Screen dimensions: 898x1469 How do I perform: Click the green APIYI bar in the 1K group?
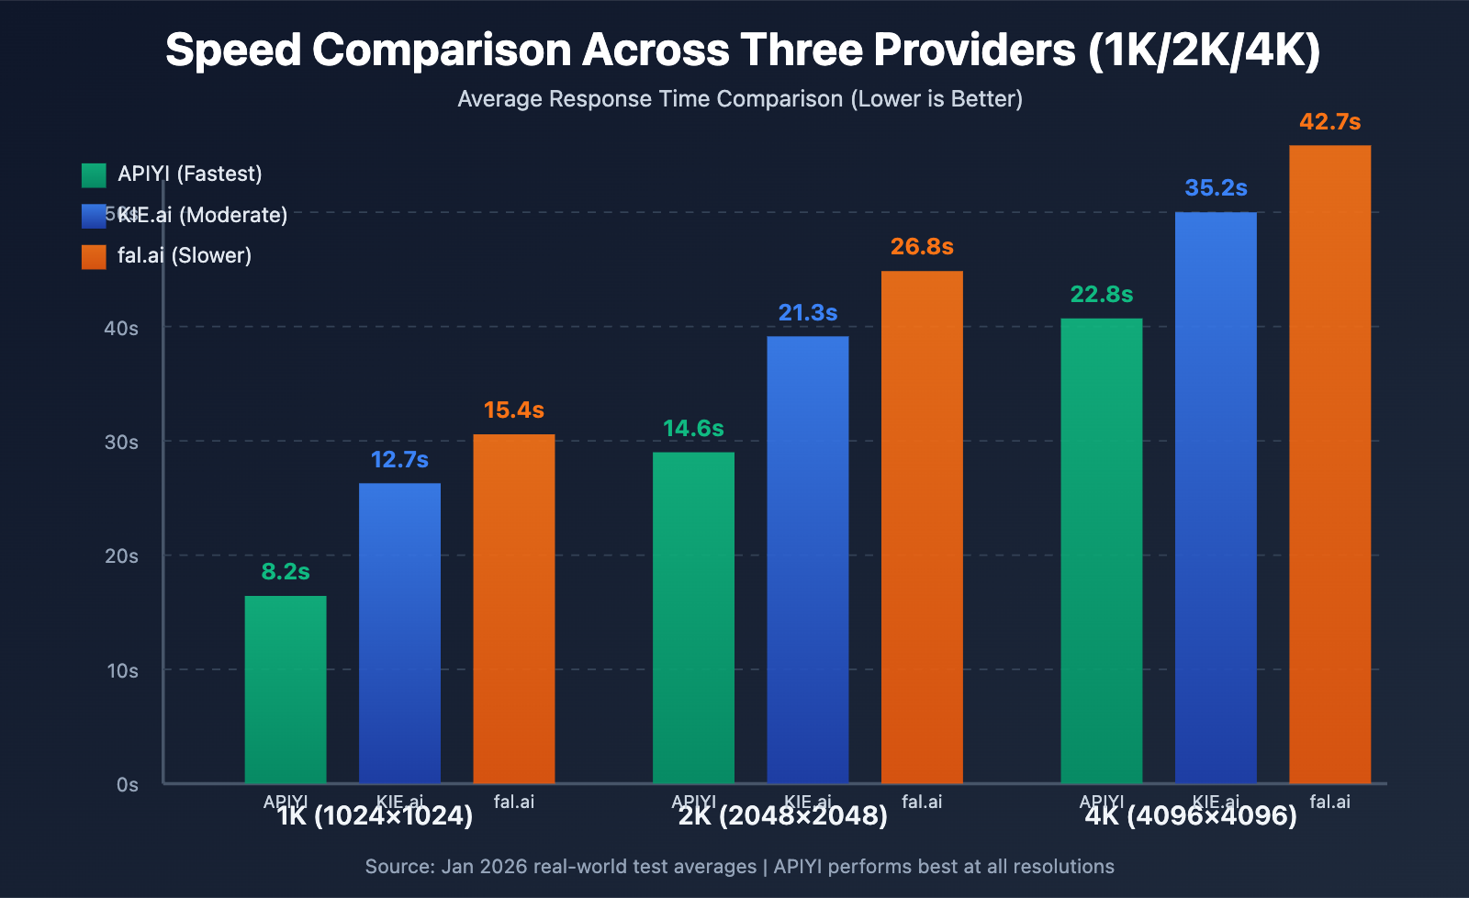[x=286, y=689]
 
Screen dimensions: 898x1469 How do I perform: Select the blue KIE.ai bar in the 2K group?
[x=808, y=560]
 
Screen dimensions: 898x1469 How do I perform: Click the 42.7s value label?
[x=1329, y=122]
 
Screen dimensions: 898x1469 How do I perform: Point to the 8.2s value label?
[x=286, y=572]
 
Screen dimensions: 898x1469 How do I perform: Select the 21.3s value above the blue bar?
[x=808, y=313]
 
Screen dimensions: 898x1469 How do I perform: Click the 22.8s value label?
[x=1101, y=295]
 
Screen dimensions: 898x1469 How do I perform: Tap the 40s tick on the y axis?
[x=121, y=328]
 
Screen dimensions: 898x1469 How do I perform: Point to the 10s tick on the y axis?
[x=122, y=671]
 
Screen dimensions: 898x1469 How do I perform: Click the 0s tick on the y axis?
[x=128, y=785]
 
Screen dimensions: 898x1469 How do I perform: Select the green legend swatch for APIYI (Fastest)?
[x=94, y=174]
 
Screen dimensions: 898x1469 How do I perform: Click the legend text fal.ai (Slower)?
[x=185, y=255]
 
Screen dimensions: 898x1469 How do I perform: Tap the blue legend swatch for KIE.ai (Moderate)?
[x=94, y=216]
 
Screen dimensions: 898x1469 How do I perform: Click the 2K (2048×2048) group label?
[x=783, y=816]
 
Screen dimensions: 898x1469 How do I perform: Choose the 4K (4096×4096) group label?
[x=1191, y=816]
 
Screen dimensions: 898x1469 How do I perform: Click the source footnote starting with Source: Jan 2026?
[x=739, y=867]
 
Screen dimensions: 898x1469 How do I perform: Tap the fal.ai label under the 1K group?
[x=513, y=802]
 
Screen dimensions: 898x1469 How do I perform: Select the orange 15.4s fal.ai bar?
[x=513, y=606]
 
